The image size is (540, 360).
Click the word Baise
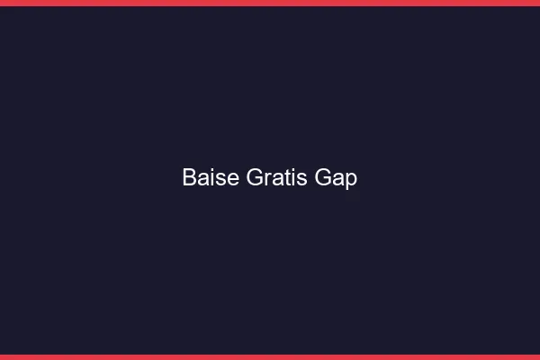211,178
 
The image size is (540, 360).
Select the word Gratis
277,178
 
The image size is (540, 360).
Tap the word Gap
336,178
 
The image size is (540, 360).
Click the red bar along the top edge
270,3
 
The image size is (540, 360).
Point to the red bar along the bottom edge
270,356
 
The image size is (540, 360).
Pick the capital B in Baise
189,178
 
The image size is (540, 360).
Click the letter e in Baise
233,179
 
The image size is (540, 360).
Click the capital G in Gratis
253,178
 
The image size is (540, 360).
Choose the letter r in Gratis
265,179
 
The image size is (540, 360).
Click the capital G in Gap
323,178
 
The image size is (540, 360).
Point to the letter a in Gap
338,179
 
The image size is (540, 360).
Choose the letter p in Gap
351,181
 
